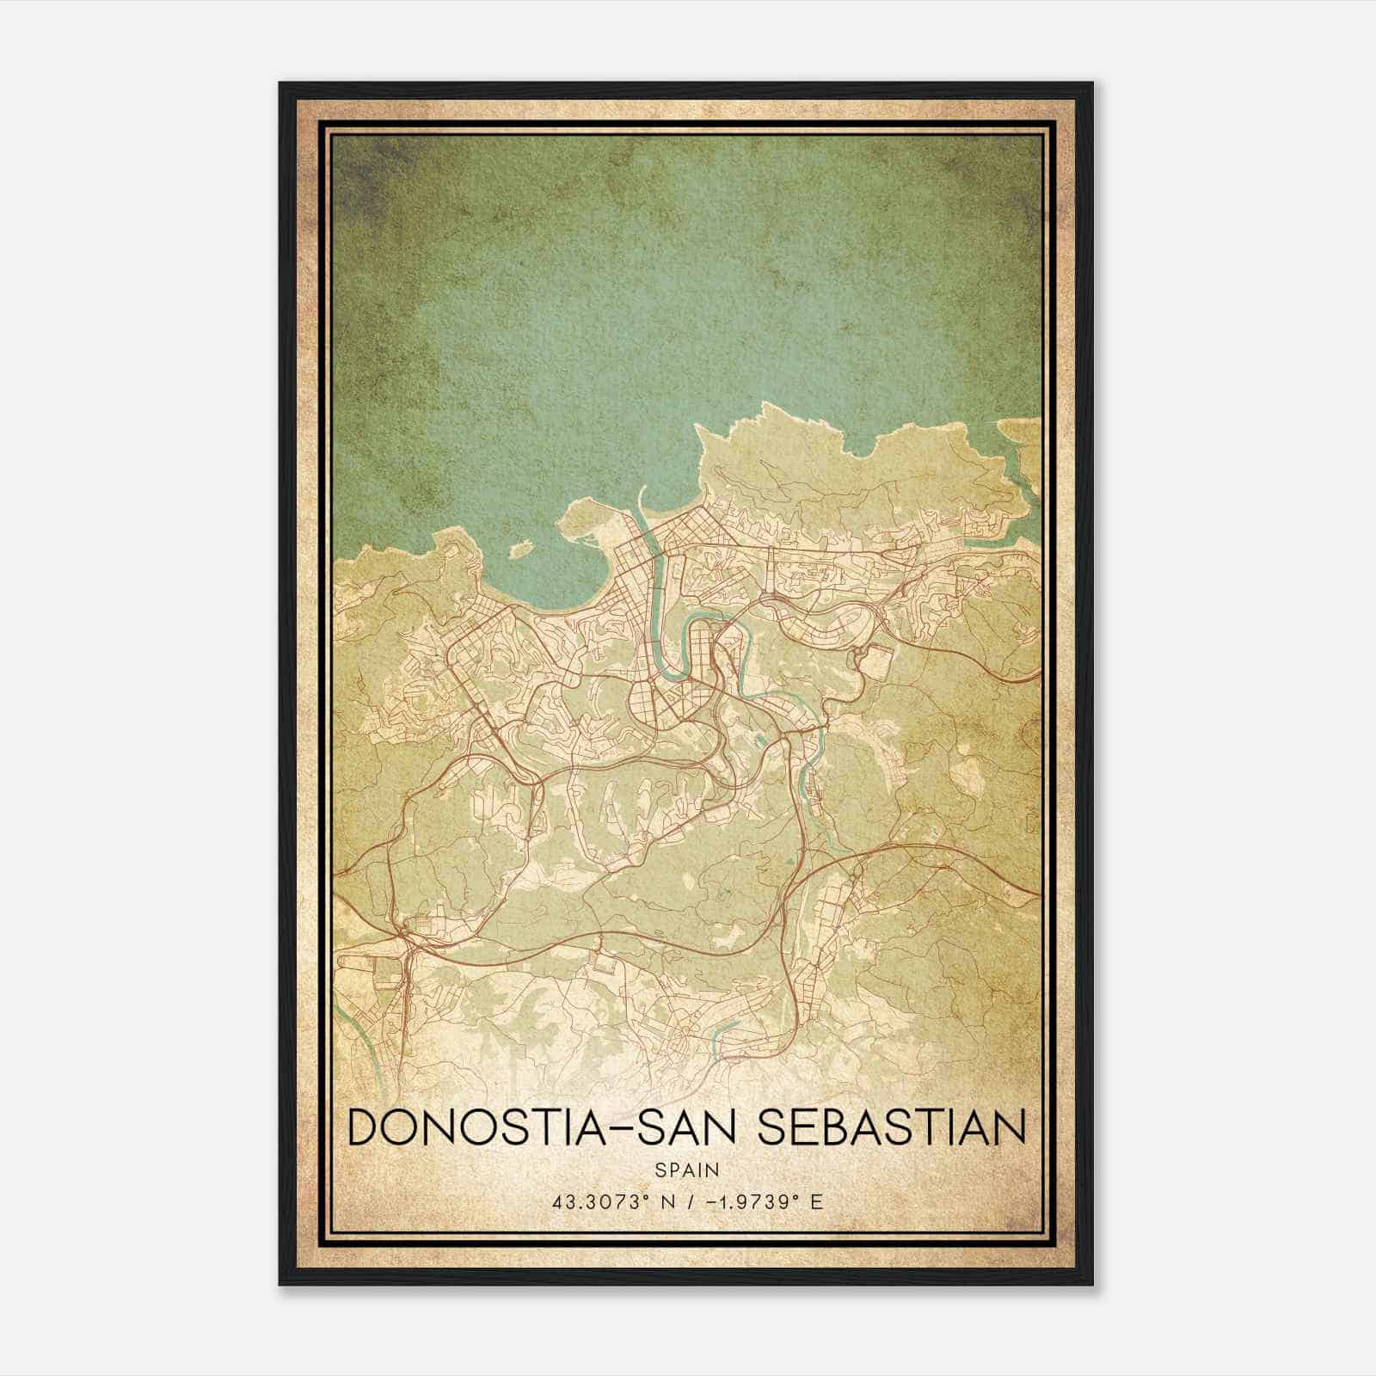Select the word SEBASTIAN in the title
[x=890, y=1127]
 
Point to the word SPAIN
[x=686, y=1170]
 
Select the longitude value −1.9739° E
[x=764, y=1201]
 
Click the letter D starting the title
[x=362, y=1127]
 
